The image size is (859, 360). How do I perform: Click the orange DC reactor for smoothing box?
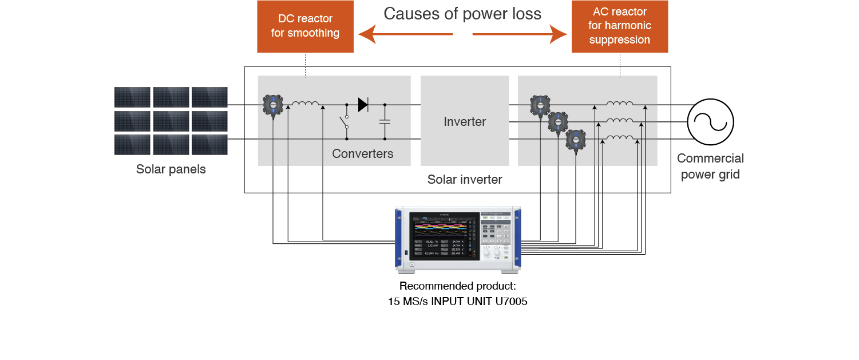pyautogui.click(x=305, y=26)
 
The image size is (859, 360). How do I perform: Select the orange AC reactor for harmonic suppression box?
pyautogui.click(x=620, y=26)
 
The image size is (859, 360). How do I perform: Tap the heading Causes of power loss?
pyautogui.click(x=462, y=14)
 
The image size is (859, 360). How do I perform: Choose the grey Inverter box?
pyautogui.click(x=465, y=121)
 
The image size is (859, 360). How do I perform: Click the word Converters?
pyautogui.click(x=363, y=153)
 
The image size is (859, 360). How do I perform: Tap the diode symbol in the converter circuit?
pyautogui.click(x=363, y=105)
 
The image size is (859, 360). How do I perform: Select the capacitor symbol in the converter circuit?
pyautogui.click(x=385, y=121)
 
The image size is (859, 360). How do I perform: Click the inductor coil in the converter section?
pyautogui.click(x=306, y=104)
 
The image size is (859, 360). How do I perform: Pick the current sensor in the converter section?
pyautogui.click(x=273, y=105)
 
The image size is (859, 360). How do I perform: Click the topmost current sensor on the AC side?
pyautogui.click(x=539, y=105)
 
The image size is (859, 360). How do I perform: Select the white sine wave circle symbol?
pyautogui.click(x=710, y=121)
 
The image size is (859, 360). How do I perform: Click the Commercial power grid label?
pyautogui.click(x=710, y=167)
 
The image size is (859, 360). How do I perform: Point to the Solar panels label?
pyautogui.click(x=171, y=169)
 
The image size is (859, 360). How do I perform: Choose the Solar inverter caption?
pyautogui.click(x=465, y=180)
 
